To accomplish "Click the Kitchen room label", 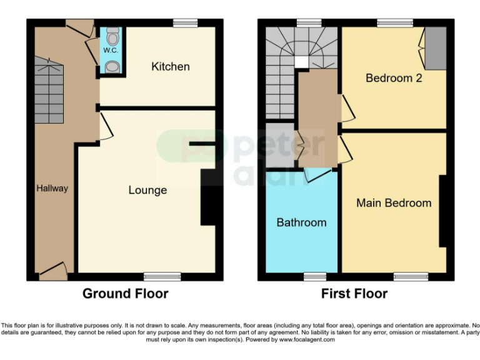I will coord(170,66).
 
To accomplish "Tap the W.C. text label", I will coord(110,49).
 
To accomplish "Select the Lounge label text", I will coord(147,190).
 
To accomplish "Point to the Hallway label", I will coord(52,188).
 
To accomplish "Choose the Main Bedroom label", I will coord(394,203).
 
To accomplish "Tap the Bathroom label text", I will coord(301,222).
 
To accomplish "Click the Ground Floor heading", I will coord(125,294).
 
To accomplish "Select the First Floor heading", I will coord(354,294).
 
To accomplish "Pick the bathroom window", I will coord(315,276).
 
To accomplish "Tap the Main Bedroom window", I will coord(407,276).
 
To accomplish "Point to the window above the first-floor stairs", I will coord(306,23).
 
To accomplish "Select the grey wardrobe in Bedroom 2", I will coord(436,48).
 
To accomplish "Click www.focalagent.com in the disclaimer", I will coord(306,340).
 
